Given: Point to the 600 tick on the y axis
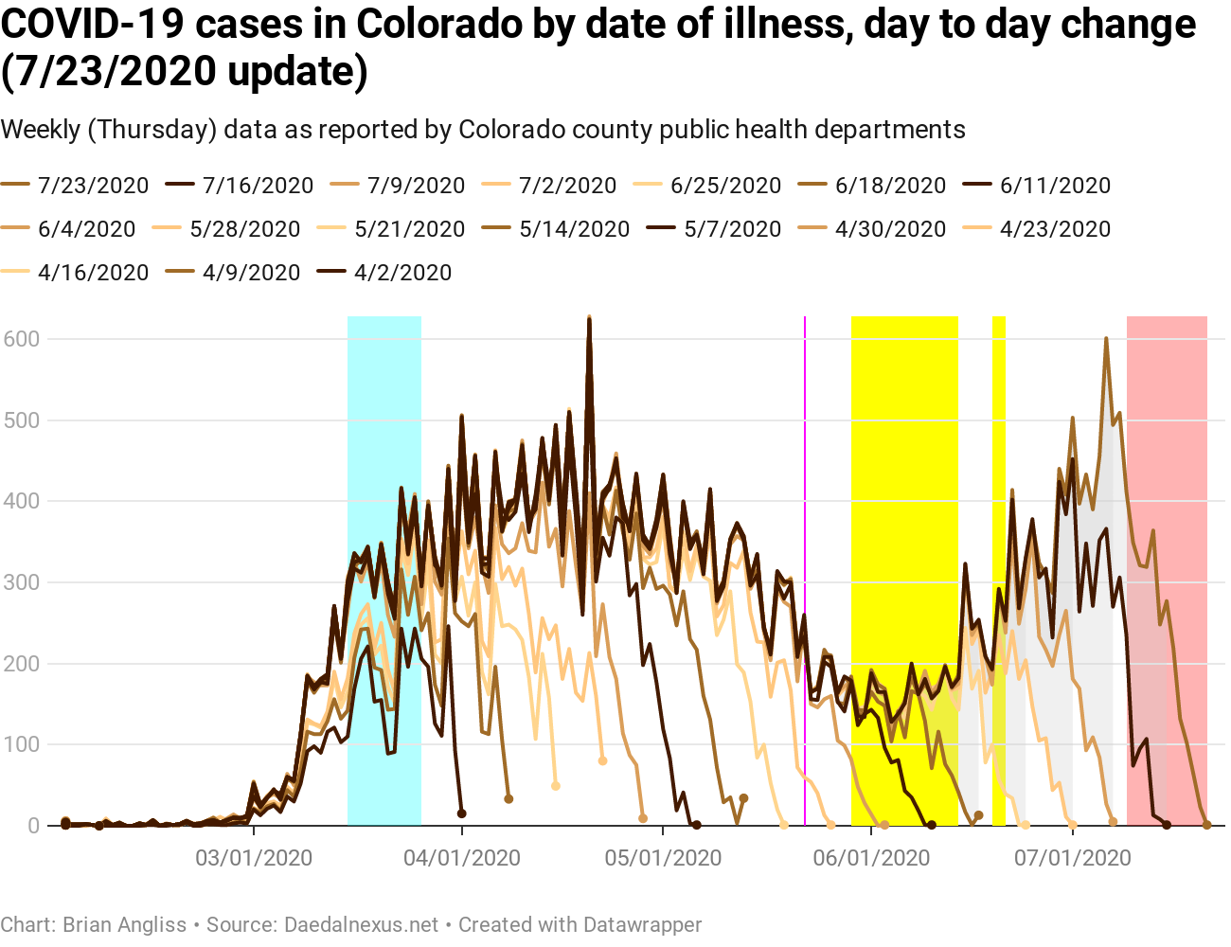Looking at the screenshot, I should click(x=21, y=339).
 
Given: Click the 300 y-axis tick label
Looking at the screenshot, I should click(x=21, y=582).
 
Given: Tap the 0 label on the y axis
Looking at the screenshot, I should click(x=34, y=826).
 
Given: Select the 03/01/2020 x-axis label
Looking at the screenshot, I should click(x=254, y=858).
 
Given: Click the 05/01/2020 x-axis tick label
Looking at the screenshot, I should click(x=663, y=858).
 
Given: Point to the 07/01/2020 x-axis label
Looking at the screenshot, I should click(x=1073, y=858).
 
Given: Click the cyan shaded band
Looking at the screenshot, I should click(x=384, y=568).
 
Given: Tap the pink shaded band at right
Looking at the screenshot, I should click(x=1167, y=568).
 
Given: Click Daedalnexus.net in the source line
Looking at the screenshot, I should click(x=361, y=924).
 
